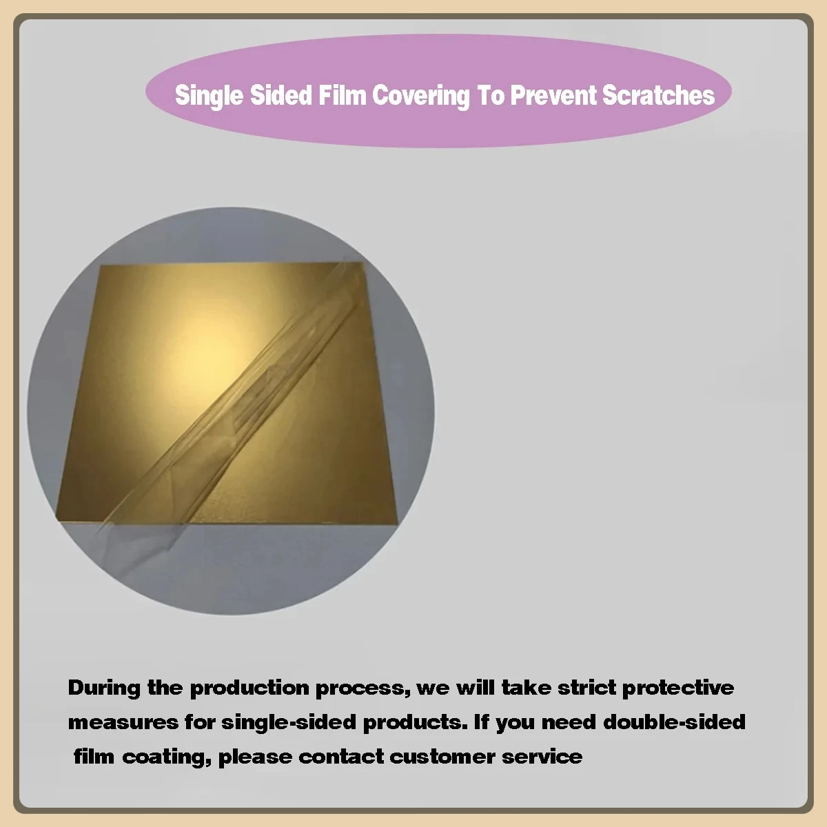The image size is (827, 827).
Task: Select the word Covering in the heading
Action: point(420,96)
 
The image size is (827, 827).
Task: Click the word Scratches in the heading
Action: point(658,95)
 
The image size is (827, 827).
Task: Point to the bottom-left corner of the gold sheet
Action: point(57,513)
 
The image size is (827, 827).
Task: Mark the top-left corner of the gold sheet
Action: point(102,266)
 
